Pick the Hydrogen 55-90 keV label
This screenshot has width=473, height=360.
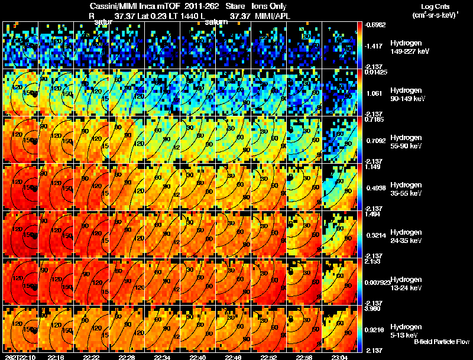tap(406, 142)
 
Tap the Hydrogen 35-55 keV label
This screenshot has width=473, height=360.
tap(406, 189)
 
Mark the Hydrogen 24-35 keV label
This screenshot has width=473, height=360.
tap(406, 236)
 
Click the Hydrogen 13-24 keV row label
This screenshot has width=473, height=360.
tap(406, 284)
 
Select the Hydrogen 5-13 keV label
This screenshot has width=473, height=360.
tap(405, 330)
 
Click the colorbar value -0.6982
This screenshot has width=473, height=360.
tap(376, 25)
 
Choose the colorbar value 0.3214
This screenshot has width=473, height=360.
tap(375, 235)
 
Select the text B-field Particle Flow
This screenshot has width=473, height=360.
tap(442, 342)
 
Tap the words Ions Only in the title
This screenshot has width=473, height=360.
tap(269, 6)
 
